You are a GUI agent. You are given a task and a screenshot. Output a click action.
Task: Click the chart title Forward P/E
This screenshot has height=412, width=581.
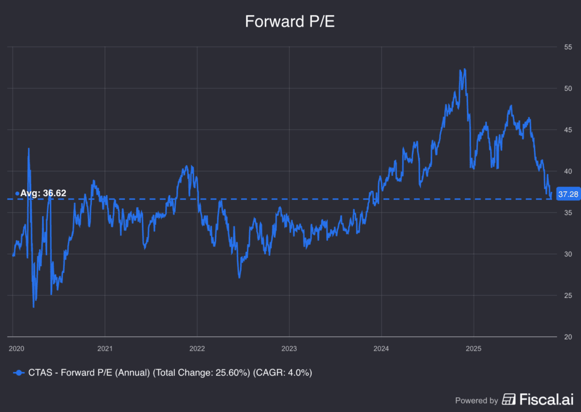(290, 22)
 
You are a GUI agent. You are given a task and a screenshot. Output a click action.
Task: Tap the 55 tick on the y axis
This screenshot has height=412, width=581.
(567, 47)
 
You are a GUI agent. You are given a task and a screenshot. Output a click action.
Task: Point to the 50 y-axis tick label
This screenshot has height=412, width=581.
(567, 89)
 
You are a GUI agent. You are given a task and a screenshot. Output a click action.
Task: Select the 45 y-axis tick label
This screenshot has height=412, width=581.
(567, 130)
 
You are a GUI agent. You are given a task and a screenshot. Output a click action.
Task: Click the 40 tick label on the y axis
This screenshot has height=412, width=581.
(567, 171)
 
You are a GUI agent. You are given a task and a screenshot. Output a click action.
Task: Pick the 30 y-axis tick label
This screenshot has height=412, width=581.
(567, 254)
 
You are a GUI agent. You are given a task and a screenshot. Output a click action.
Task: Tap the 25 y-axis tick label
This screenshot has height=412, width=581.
(567, 296)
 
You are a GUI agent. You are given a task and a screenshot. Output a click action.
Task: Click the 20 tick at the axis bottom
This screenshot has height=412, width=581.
(567, 337)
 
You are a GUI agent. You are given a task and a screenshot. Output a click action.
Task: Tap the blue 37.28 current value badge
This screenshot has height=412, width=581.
(568, 194)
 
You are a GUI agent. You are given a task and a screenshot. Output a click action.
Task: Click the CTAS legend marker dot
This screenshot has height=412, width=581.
(19, 373)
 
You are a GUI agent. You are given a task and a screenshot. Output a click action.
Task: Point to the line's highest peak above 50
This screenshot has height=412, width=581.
(465, 69)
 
